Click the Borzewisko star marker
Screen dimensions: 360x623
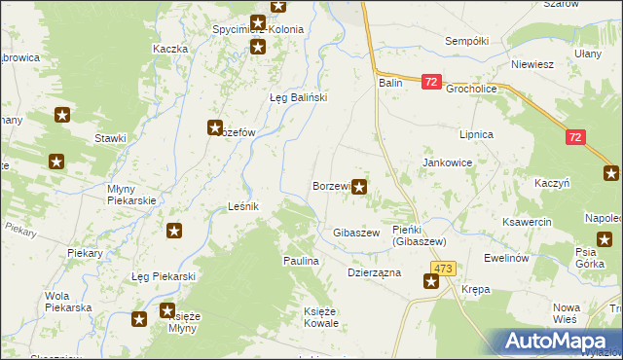pyautogui.click(x=359, y=186)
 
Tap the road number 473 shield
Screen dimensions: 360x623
pyautogui.click(x=445, y=268)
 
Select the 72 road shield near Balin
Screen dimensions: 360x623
pyautogui.click(x=432, y=84)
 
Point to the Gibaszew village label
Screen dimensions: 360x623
pyautogui.click(x=355, y=234)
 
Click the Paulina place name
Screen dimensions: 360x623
pyautogui.click(x=301, y=261)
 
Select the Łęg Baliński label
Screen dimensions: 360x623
pyautogui.click(x=298, y=97)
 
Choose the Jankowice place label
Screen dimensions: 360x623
pyautogui.click(x=447, y=162)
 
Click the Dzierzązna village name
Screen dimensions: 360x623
pyautogui.click(x=375, y=273)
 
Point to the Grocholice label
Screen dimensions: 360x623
pyautogui.click(x=471, y=88)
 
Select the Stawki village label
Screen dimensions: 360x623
pyautogui.click(x=110, y=138)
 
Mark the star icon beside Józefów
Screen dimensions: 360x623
pyautogui.click(x=215, y=127)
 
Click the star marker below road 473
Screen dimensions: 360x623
pyautogui.click(x=431, y=282)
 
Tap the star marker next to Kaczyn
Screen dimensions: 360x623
pyautogui.click(x=611, y=174)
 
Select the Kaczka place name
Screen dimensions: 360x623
pyautogui.click(x=169, y=49)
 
